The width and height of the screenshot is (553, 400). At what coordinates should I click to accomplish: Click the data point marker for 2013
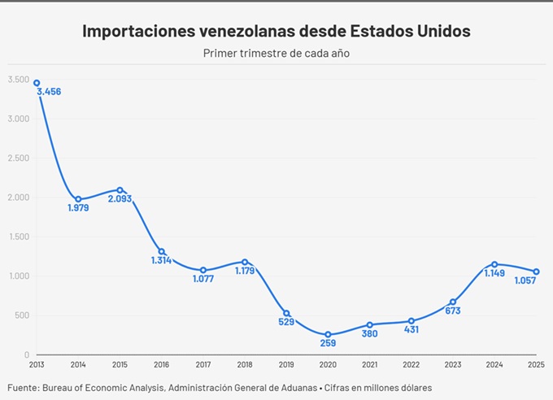tap(37, 83)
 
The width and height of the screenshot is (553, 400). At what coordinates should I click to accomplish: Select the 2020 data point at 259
tap(328, 334)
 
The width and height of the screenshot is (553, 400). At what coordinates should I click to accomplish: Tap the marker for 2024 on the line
tap(494, 264)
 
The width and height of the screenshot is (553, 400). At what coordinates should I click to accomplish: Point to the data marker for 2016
tap(162, 251)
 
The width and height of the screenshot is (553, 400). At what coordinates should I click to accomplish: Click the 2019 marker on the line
tap(286, 313)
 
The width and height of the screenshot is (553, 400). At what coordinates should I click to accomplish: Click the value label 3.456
tap(49, 92)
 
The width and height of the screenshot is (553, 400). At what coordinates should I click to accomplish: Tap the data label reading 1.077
tap(203, 280)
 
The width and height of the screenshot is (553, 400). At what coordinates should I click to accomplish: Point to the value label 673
tap(453, 311)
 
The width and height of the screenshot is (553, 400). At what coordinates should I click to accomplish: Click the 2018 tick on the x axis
tap(245, 364)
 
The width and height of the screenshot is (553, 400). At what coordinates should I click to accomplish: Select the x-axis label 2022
tap(411, 364)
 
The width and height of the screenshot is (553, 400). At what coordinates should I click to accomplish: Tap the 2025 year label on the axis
tap(535, 364)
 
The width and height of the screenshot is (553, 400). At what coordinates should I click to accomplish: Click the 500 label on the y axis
tap(22, 315)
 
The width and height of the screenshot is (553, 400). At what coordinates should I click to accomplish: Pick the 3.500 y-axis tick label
tap(19, 79)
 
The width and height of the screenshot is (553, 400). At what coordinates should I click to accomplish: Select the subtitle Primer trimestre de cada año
tap(276, 54)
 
